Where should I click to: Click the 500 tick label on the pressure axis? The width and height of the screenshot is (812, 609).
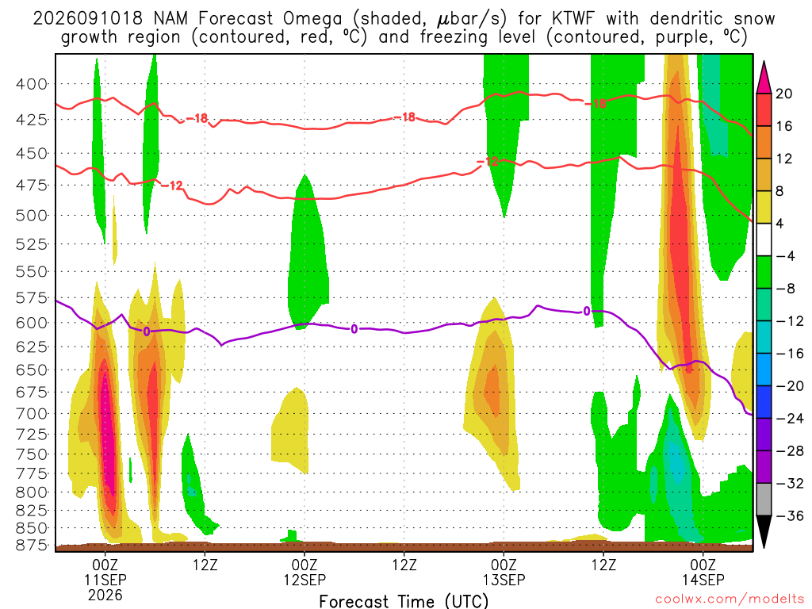(31, 215)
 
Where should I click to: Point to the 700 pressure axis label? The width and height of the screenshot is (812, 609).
(31, 413)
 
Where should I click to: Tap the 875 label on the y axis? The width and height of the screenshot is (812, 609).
(31, 545)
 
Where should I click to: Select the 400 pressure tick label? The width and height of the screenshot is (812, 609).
(31, 83)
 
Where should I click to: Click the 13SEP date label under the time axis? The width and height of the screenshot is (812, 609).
(504, 580)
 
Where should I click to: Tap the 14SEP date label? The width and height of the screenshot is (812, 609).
(703, 580)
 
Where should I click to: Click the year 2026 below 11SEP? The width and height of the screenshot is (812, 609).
(105, 595)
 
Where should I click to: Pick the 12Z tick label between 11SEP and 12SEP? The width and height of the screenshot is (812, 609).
(205, 565)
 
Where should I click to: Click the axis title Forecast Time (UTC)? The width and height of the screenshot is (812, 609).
(404, 601)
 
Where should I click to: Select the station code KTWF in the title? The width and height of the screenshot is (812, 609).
(573, 19)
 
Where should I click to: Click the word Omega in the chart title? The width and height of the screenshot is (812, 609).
(312, 19)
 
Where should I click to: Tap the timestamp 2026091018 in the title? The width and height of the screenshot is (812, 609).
(87, 19)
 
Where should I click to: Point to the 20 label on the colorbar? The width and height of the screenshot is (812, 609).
(783, 94)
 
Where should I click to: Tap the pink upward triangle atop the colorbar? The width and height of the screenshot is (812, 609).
(764, 79)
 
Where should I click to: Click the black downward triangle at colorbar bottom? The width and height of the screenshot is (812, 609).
(764, 531)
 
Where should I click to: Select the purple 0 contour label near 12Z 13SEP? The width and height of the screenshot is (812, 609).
(586, 311)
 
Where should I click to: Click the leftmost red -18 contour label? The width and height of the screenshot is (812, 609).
(197, 119)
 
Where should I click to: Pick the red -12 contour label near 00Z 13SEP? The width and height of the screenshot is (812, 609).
(487, 162)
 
